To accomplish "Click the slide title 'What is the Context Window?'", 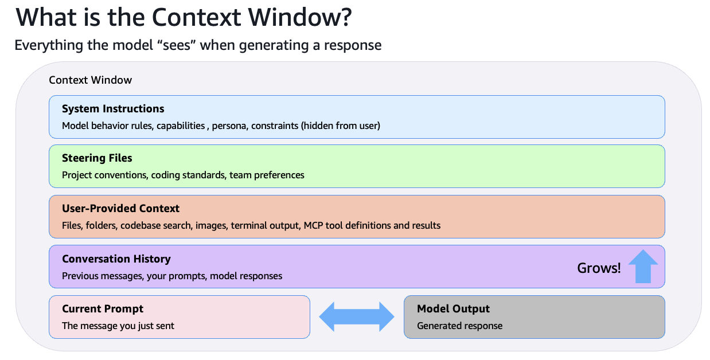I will tap(184, 18).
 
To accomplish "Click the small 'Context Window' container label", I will tap(91, 80).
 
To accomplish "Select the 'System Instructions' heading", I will tap(113, 109).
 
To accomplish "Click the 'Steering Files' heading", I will tap(97, 158).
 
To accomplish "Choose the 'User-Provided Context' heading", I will tap(120, 209).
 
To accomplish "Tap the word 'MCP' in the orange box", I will tap(314, 225).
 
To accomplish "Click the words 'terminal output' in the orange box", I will tap(264, 225).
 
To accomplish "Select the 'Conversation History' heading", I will tap(116, 259).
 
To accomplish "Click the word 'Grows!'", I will tap(599, 268).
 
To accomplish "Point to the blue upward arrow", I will tap(643, 266).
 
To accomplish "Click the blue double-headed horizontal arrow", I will tap(357, 317).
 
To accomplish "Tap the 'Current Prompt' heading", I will tap(103, 309).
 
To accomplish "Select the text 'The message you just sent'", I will tap(118, 326).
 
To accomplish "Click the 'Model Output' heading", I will tap(453, 309).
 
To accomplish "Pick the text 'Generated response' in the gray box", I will tap(459, 326).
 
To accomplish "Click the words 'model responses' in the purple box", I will tap(246, 276).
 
